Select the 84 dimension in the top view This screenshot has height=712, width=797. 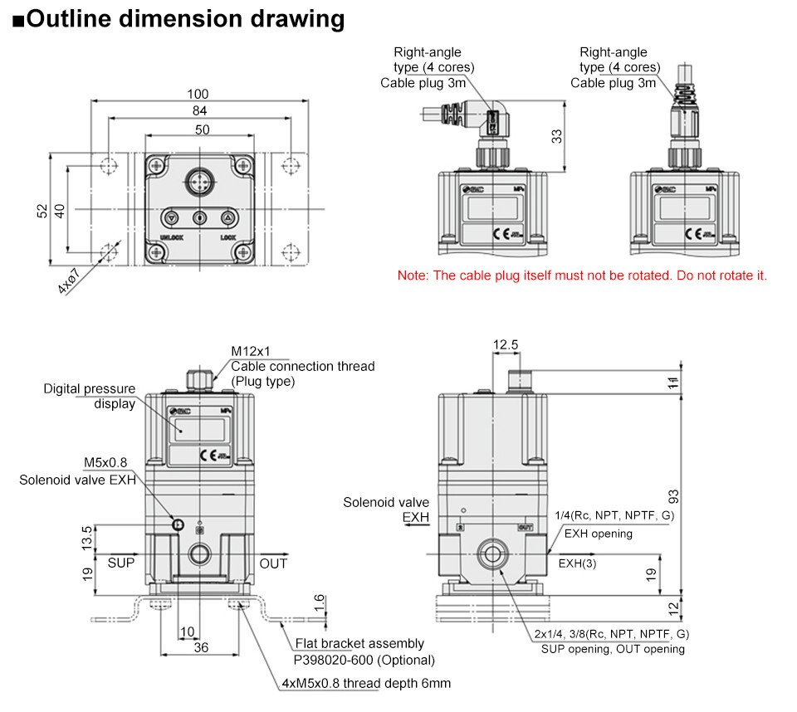[x=198, y=111]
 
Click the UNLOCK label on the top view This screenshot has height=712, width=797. [x=171, y=239]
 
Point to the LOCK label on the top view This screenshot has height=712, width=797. [x=228, y=239]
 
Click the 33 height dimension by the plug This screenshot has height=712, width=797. [x=558, y=135]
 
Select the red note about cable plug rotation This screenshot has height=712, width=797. [x=582, y=276]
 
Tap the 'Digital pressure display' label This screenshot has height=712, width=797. [x=90, y=396]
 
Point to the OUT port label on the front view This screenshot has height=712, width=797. [x=273, y=563]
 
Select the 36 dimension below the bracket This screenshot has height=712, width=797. [x=201, y=648]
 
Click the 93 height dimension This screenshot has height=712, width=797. [x=673, y=496]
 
